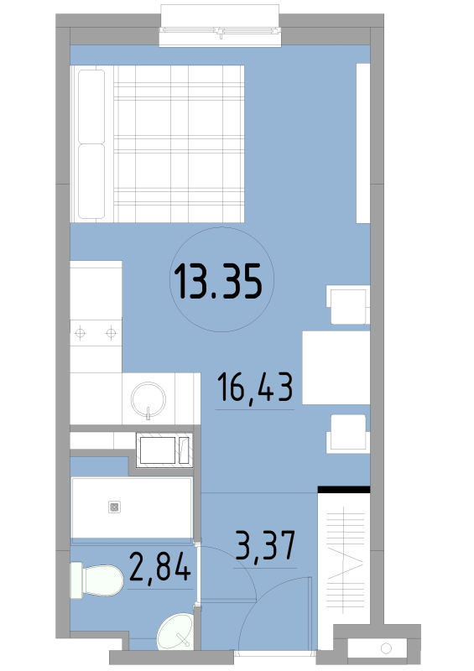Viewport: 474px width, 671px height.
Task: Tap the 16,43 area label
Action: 255,388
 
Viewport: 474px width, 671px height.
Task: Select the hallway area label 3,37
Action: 265,545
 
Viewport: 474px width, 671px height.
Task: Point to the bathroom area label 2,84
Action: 159,566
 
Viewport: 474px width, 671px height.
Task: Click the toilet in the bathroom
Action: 97,580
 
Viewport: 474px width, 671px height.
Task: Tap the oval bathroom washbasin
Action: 175,631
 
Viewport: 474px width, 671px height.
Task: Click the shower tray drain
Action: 114,507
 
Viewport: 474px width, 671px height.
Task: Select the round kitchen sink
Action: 148,399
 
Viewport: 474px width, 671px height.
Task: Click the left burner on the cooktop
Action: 81,332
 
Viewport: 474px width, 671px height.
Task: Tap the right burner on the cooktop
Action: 111,332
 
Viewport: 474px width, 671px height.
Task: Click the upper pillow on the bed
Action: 91,107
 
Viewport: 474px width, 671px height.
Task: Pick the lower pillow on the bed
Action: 91,181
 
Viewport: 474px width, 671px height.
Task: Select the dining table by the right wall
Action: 336,367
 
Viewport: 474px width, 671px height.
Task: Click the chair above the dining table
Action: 348,304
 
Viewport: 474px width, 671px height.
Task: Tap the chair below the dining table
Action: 348,434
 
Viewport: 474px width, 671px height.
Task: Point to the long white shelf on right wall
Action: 363,143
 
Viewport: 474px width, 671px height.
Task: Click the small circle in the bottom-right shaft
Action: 386,648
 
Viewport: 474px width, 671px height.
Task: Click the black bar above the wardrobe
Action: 344,490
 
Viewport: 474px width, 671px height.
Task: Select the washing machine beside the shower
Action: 164,450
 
